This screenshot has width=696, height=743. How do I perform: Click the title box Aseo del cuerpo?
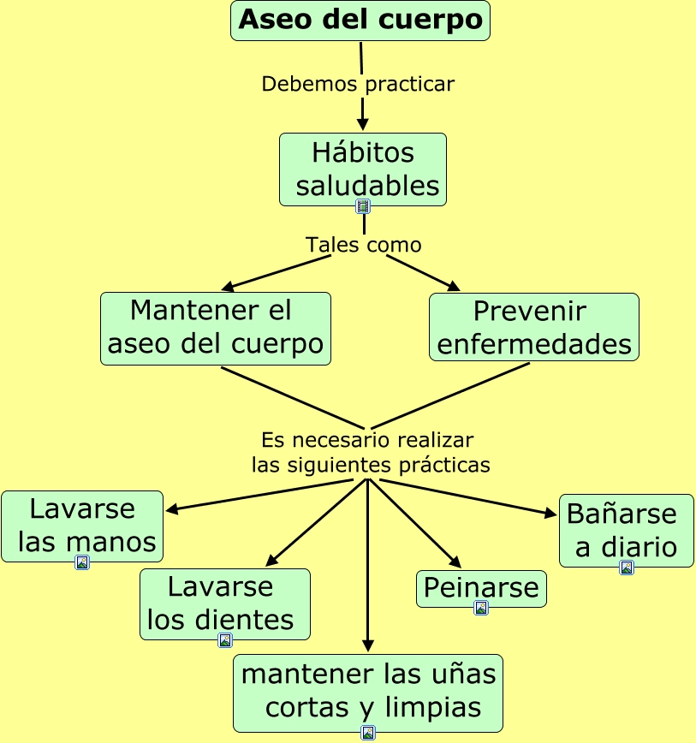tap(360, 21)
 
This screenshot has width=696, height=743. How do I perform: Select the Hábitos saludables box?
tap(363, 169)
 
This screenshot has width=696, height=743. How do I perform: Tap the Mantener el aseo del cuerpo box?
tap(216, 328)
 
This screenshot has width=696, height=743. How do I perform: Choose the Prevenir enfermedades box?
tap(533, 326)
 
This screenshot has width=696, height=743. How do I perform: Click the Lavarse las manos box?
tap(82, 525)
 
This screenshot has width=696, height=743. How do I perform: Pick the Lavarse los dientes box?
tap(224, 603)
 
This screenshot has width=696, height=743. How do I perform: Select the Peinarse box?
tap(481, 588)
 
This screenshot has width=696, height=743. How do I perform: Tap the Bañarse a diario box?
tap(626, 529)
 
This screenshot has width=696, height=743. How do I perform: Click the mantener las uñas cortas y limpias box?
tap(368, 692)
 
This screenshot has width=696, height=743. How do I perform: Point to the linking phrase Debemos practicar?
tap(358, 84)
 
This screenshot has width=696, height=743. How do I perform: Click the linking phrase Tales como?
tap(364, 245)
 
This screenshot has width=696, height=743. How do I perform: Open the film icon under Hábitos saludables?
tap(363, 206)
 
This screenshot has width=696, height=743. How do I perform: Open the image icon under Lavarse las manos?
tap(82, 562)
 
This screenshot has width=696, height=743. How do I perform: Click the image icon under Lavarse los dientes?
tap(225, 640)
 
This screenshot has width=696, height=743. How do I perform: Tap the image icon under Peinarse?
tap(481, 608)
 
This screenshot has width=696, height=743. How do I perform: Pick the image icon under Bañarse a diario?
tap(627, 568)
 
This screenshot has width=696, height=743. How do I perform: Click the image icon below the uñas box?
tap(368, 733)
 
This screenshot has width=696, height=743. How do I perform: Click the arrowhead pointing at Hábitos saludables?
tap(363, 125)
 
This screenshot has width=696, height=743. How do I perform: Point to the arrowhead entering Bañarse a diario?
tap(551, 514)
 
